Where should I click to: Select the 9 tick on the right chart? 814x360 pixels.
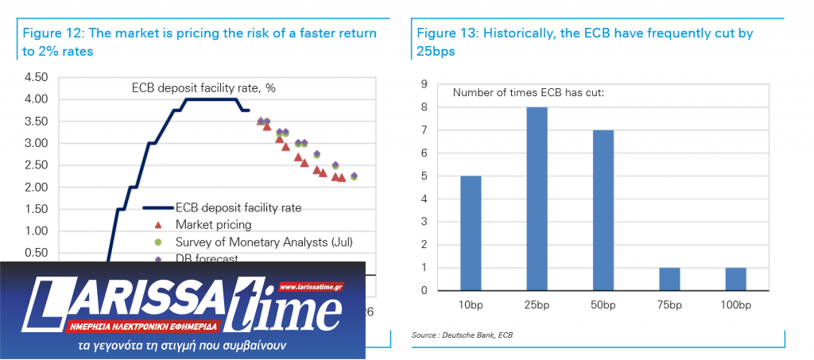pyautogui.click(x=424, y=84)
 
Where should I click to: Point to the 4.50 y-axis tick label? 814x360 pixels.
pyautogui.click(x=37, y=78)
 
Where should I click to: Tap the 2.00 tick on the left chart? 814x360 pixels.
pyautogui.click(x=37, y=188)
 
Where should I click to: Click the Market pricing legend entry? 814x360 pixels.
pyautogui.click(x=212, y=225)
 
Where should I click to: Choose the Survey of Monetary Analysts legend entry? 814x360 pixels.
pyautogui.click(x=263, y=242)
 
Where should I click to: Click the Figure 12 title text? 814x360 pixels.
pyautogui.click(x=200, y=42)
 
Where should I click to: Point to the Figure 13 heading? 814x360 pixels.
pyautogui.click(x=584, y=42)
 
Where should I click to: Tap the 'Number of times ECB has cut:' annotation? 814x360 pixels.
pyautogui.click(x=529, y=93)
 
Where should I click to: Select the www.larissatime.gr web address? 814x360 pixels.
pyautogui.click(x=311, y=286)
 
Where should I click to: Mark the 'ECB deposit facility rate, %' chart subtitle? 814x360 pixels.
pyautogui.click(x=203, y=87)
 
